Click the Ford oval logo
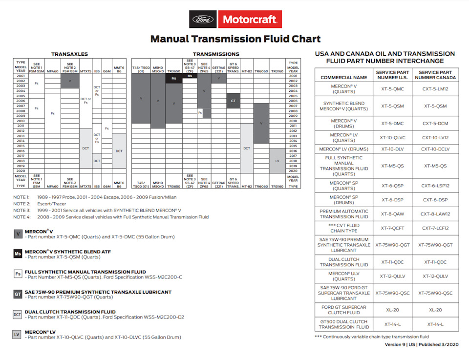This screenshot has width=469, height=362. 203,20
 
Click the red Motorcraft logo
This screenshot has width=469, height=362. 250,20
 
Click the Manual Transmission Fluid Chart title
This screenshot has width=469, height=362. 235,39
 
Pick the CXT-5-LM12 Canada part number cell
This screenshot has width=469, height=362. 435,89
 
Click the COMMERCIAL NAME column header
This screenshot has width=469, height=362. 344,77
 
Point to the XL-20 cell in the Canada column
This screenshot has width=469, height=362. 435,310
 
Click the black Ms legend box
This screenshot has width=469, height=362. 18,254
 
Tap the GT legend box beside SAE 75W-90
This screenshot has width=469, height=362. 18,294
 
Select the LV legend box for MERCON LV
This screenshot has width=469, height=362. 18,335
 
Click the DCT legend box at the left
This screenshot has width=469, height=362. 18,314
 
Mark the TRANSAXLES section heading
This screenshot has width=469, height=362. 70,54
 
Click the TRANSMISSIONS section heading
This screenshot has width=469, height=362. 216,54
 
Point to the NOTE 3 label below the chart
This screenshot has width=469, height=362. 22,211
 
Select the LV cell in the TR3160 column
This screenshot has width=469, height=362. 277,160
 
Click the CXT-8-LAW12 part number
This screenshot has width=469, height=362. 435,213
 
